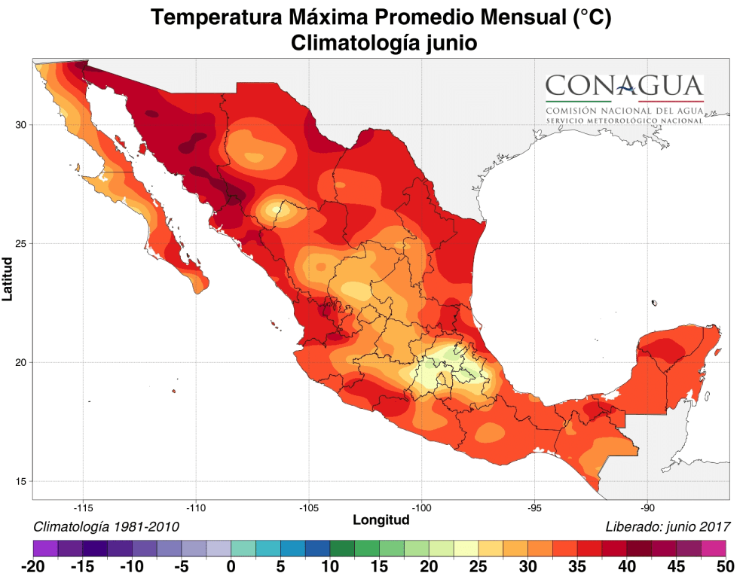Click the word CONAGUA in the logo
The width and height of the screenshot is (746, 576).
pos(624,84)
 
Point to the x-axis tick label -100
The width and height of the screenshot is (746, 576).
pos(422,507)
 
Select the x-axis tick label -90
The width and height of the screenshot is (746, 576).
pos(648,507)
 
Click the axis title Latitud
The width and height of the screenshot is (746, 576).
pos(8,279)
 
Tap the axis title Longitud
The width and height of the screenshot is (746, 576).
pos(381,520)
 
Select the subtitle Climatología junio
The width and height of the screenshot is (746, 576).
pos(384,43)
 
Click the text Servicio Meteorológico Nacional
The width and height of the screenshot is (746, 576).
pos(624,120)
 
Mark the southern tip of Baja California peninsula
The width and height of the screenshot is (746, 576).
pos(198,292)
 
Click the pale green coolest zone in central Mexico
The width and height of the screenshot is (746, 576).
pos(451,354)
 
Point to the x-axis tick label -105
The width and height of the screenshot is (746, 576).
pos(309,507)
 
